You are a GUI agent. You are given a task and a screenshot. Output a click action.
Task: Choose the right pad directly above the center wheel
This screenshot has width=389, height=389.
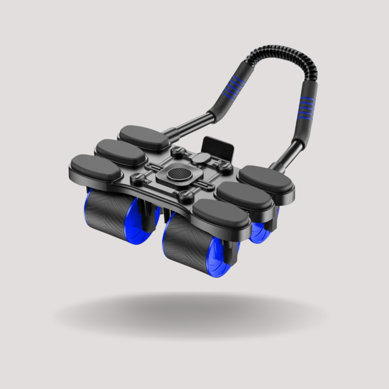coord(222,213)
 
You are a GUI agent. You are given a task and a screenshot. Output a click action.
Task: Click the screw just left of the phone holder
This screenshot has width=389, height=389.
coord(176,152)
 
